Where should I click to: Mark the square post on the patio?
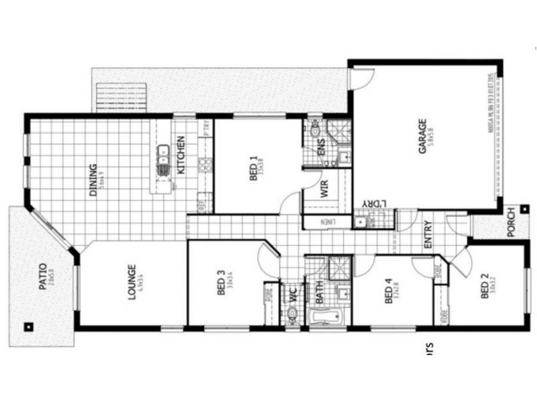pyautogui.click(x=28, y=327)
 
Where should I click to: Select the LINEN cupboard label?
pyautogui.click(x=328, y=222)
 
